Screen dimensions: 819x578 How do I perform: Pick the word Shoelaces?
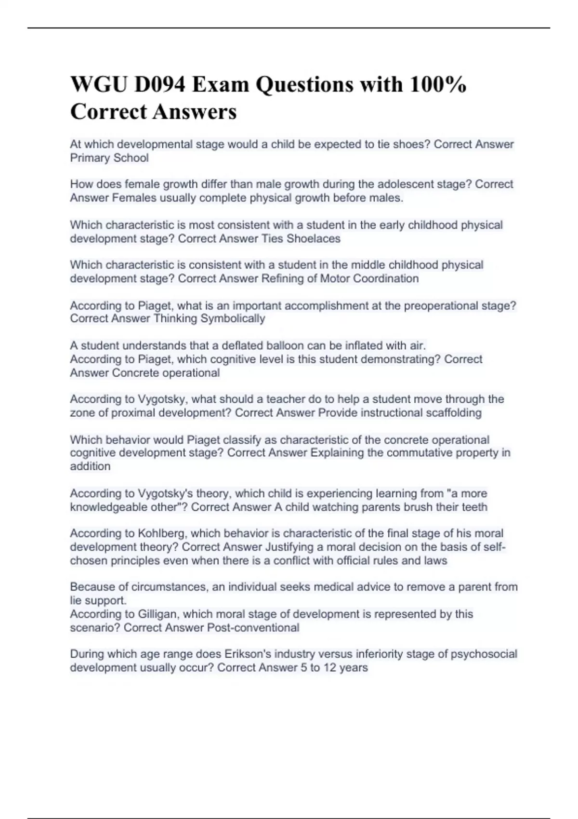(314, 239)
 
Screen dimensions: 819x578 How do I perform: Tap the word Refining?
(281, 279)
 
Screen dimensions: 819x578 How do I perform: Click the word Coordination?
(386, 279)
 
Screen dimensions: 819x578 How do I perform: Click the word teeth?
(474, 507)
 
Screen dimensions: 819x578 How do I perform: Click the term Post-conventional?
(253, 628)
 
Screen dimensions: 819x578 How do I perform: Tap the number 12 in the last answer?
(330, 668)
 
